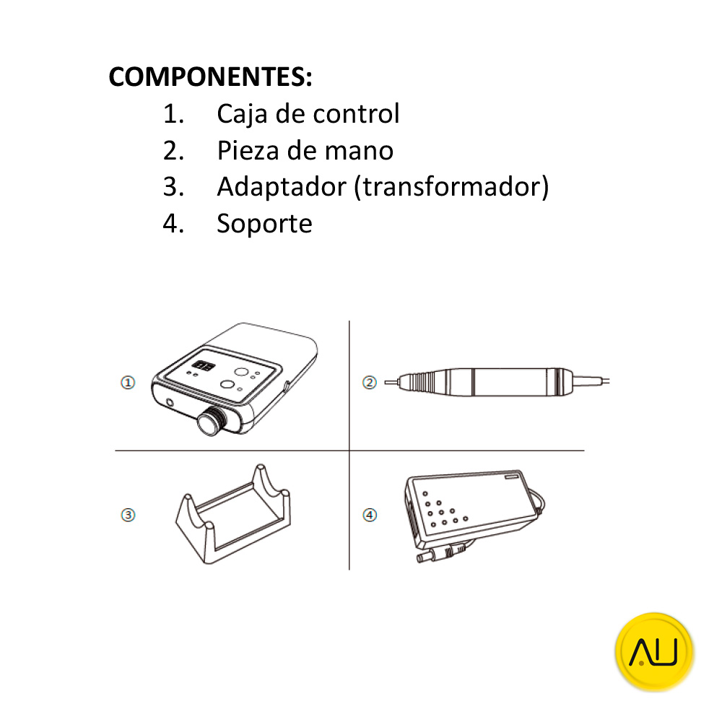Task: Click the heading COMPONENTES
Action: click(210, 77)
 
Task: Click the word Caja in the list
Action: click(242, 114)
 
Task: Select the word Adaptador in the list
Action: click(282, 187)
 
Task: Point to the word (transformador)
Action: click(452, 187)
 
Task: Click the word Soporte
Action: click(265, 225)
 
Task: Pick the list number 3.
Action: click(173, 187)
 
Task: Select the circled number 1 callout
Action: click(128, 383)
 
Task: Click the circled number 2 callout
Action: click(369, 383)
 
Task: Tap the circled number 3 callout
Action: click(128, 515)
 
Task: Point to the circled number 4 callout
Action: click(370, 515)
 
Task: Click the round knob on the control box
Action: click(211, 420)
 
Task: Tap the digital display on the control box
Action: click(203, 366)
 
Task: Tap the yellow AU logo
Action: click(654, 651)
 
